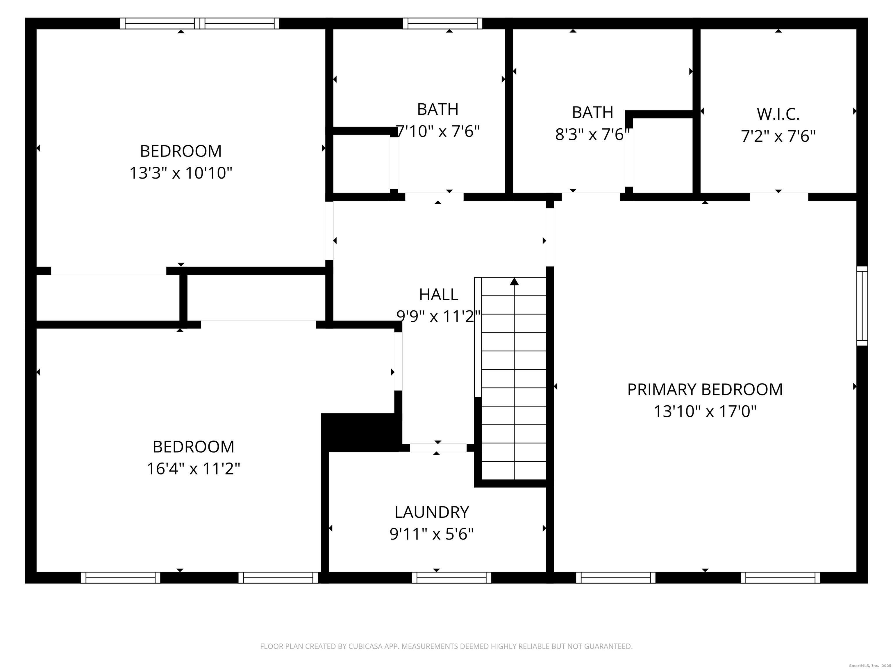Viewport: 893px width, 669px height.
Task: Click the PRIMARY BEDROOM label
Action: tap(705, 390)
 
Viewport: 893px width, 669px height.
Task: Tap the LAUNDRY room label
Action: tap(432, 512)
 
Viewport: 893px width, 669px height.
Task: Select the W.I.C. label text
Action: tap(778, 114)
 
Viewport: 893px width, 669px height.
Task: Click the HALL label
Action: tap(438, 294)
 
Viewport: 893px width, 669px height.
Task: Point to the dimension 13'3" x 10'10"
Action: tap(181, 173)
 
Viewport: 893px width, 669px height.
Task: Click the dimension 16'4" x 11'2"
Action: tap(193, 469)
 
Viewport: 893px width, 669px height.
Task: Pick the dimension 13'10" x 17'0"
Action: tap(705, 411)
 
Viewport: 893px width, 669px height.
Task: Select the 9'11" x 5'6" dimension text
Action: tap(432, 534)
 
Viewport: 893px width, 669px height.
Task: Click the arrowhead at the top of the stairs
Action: tap(514, 281)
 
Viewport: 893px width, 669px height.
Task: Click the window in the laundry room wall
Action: tap(451, 578)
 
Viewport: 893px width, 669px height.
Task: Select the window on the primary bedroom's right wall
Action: tap(862, 306)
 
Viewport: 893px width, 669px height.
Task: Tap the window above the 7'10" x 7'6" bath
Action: tap(442, 24)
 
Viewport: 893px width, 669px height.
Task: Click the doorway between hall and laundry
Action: tap(438, 448)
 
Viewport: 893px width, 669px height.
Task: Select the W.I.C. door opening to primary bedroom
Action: tap(779, 197)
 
